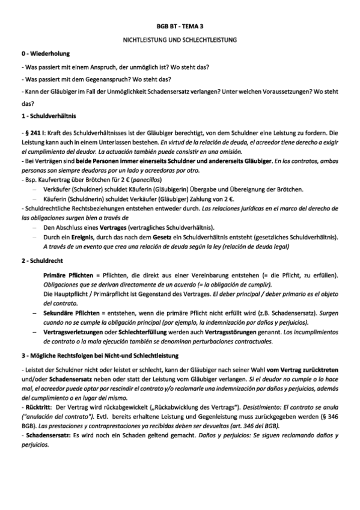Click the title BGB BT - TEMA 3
[x=180, y=27]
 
